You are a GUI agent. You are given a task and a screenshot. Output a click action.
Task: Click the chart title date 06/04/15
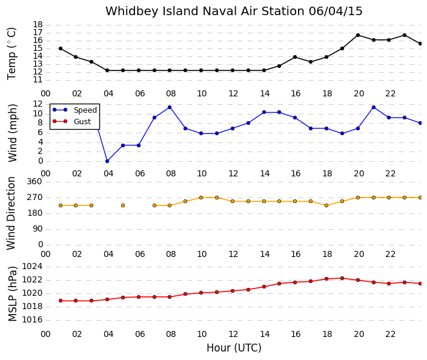click(x=336, y=12)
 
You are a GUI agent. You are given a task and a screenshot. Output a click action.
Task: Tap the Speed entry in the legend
click(x=75, y=110)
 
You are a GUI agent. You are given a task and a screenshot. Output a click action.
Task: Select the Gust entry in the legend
click(x=71, y=122)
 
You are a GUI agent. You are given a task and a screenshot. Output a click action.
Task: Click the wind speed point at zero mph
click(x=107, y=161)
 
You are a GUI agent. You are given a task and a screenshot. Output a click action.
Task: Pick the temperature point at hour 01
click(x=61, y=48)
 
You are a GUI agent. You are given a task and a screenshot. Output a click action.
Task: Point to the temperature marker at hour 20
click(x=358, y=35)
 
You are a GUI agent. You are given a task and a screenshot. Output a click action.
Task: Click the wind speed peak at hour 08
click(x=170, y=107)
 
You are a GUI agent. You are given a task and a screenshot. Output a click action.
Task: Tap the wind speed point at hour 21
click(x=374, y=107)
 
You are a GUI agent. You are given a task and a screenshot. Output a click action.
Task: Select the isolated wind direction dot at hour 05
click(x=123, y=205)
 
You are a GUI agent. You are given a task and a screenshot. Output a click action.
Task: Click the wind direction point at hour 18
click(x=326, y=205)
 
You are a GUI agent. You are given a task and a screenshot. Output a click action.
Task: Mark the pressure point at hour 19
click(x=342, y=278)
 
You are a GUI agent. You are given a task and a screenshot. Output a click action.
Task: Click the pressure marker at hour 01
click(x=61, y=301)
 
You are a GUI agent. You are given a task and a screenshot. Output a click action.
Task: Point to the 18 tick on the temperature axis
click(x=38, y=25)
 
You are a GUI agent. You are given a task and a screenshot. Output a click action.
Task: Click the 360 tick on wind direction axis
click(x=35, y=182)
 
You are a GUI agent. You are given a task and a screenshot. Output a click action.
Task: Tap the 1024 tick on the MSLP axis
click(x=32, y=266)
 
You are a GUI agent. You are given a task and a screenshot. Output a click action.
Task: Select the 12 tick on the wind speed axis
click(x=38, y=104)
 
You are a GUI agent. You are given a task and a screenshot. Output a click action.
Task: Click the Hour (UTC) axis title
click(x=234, y=348)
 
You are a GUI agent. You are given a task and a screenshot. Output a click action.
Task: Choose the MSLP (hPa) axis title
click(x=13, y=293)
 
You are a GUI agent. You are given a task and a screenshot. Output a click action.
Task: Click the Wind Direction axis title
click(x=11, y=213)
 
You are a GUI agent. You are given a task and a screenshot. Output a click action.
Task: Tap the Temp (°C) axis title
click(x=12, y=54)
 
